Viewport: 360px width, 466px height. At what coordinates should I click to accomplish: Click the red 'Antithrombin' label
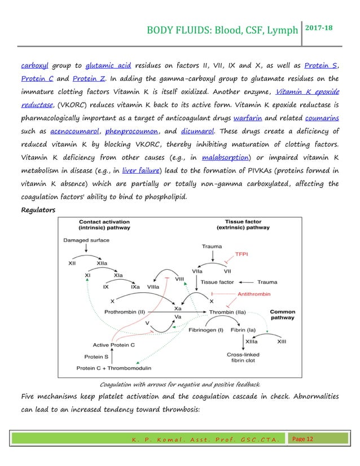254,294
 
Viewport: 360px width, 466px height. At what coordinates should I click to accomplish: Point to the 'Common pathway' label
282,314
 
